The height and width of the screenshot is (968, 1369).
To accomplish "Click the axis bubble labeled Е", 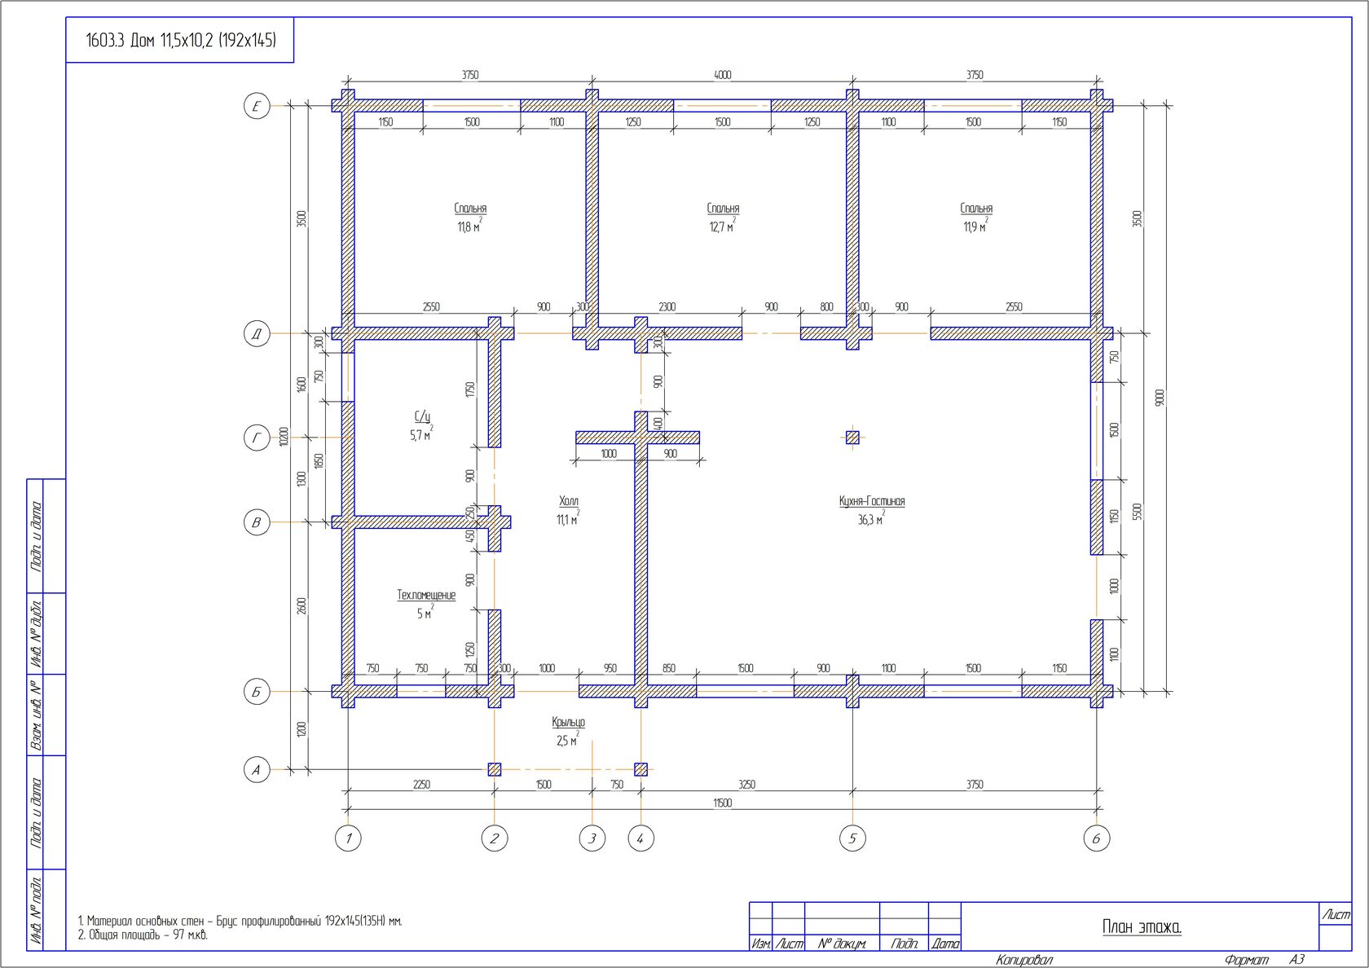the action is (257, 106).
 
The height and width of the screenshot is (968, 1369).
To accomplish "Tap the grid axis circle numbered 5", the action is (852, 838).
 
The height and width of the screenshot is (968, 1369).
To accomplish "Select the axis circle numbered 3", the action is (592, 838).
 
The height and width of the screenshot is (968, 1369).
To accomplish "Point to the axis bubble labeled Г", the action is (257, 438).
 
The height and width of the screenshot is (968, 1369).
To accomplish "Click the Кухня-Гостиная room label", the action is (872, 501).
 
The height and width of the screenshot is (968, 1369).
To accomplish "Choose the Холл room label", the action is (569, 501).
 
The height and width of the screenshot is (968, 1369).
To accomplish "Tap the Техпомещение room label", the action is (427, 595).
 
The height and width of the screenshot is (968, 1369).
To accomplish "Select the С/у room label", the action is (422, 417).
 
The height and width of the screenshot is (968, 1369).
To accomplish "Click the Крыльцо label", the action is (569, 722).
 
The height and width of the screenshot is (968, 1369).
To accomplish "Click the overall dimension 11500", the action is (722, 803).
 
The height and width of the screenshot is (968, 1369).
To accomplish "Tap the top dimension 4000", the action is (722, 75).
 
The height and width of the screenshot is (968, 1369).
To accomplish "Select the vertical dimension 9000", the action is (1160, 398).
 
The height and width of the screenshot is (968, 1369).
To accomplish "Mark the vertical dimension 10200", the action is (283, 437).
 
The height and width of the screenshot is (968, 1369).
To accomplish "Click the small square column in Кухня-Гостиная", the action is (852, 438).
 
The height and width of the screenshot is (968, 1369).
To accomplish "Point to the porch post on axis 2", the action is (495, 769).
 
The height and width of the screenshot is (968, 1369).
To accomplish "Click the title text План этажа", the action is (1142, 927).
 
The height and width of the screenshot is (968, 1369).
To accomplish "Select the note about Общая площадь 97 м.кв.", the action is (143, 935).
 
